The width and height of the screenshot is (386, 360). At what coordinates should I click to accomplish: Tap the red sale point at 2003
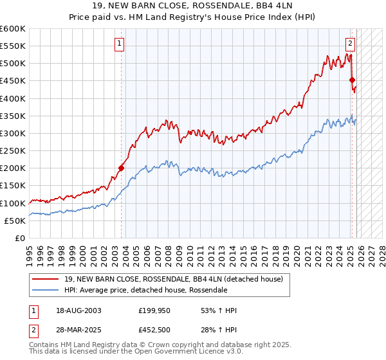coord(121,168)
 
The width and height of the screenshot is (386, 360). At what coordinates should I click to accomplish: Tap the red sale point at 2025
coord(352,80)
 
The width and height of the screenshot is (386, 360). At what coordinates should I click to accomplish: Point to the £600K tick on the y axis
coord(13,29)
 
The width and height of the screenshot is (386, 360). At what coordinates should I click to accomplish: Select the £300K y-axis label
coord(13,134)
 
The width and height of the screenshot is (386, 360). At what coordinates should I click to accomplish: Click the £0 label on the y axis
coord(19,238)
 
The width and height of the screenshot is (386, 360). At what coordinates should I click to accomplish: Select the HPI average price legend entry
coord(145,290)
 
